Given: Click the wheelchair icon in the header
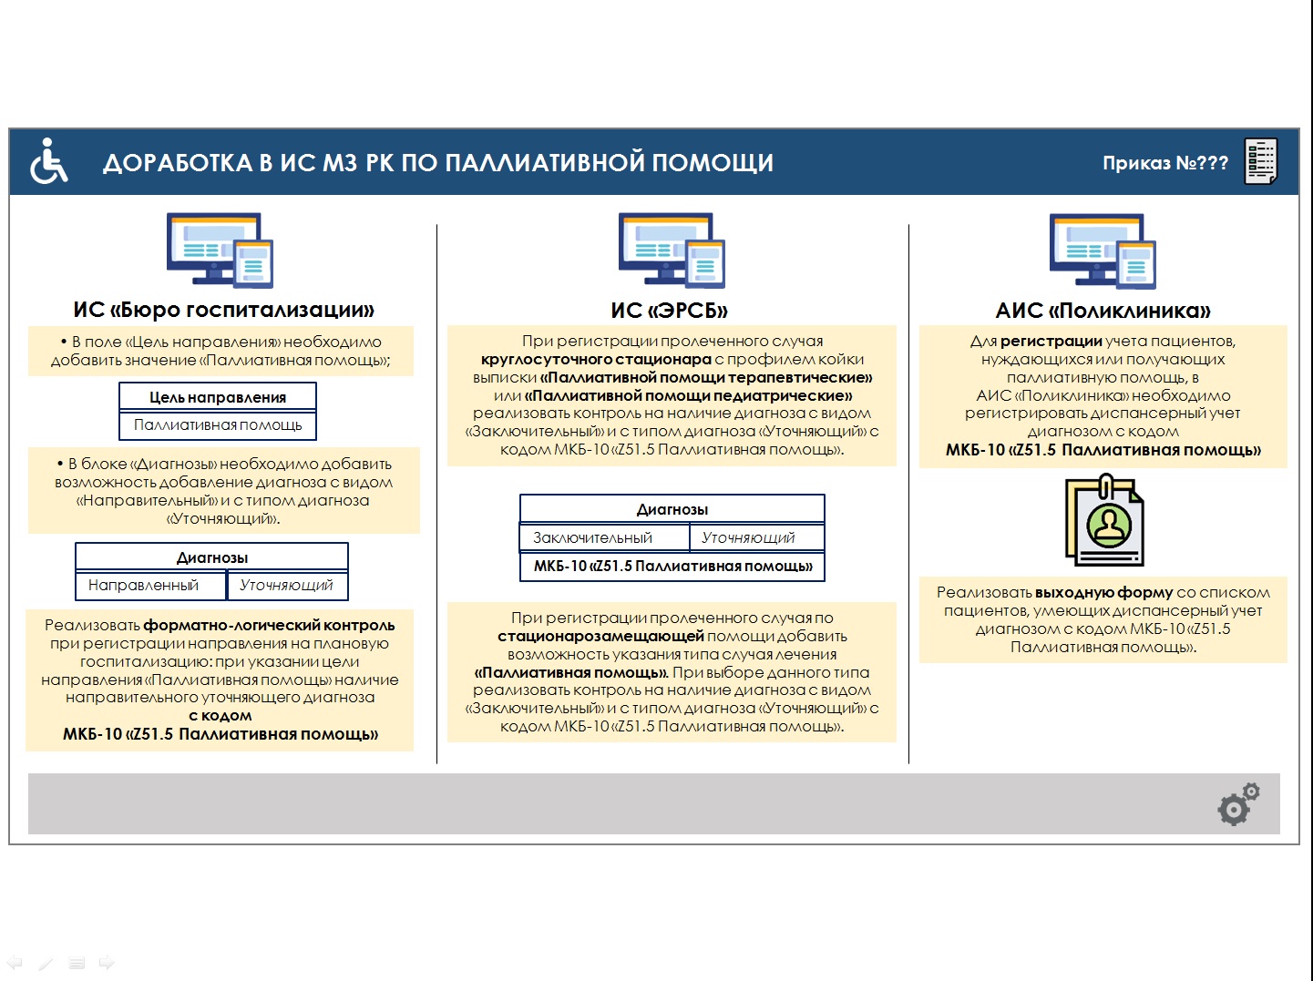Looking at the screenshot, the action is coord(49,161).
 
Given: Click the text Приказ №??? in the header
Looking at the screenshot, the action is coord(1164,163).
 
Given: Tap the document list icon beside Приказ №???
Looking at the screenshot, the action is coord(1261,161).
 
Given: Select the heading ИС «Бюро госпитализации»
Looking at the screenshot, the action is coord(223,310).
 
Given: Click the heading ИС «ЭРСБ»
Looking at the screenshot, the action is coord(670,310).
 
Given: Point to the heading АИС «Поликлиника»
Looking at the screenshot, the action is coord(1103,310).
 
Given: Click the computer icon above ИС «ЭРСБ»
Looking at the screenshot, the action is coord(672,250).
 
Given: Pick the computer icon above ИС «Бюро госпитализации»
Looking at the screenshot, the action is coord(220,250).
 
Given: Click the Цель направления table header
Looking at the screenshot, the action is coord(218,396).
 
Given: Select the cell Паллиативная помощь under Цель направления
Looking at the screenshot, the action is coord(218,425).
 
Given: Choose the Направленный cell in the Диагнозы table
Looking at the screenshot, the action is coord(150,586).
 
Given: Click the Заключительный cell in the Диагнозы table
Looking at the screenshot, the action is coord(604,537).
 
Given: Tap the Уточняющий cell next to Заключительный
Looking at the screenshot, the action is coord(757,537).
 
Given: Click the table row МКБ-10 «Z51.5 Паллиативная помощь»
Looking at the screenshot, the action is coord(672,567).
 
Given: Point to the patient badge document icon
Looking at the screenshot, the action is coord(1104,519).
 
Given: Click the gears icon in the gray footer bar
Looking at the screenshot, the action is coord(1238,804).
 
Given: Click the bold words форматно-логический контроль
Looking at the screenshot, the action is coord(269,625).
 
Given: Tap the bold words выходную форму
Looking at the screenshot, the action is coord(1104,592).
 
